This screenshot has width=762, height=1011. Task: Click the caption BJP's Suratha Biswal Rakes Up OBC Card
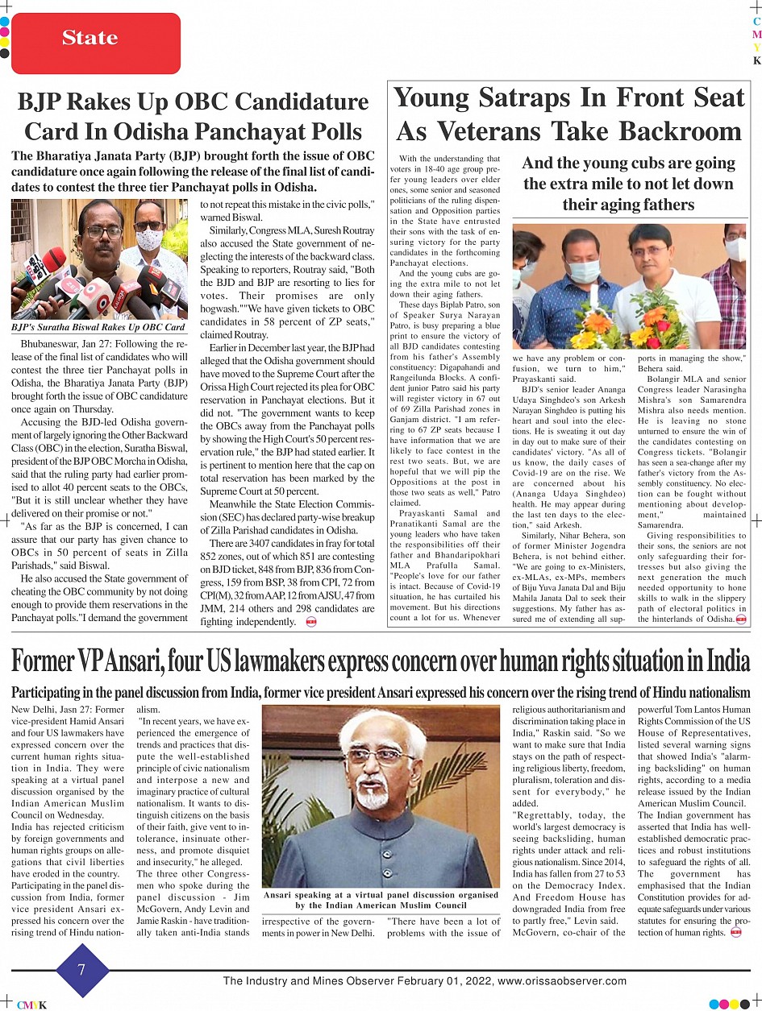click(x=98, y=327)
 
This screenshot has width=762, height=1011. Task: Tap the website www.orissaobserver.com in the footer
click(x=561, y=981)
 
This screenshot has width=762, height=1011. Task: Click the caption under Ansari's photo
click(x=381, y=900)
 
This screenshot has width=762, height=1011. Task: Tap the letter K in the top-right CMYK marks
click(x=756, y=60)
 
